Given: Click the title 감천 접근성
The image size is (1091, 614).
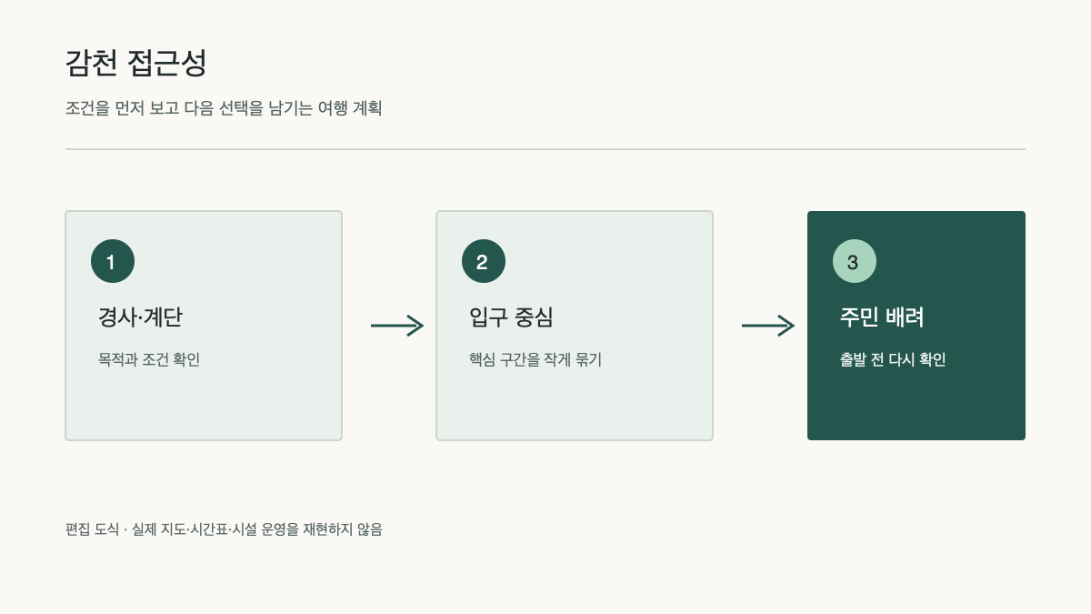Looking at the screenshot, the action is point(135,63).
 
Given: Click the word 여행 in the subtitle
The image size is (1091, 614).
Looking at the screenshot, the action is point(333,107).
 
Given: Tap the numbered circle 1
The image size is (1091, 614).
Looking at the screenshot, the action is point(113,261).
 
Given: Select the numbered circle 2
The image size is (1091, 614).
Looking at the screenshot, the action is point(484,261).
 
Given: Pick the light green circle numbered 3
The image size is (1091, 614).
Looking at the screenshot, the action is point(855,261).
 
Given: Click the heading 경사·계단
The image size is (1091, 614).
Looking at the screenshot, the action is point(140,317).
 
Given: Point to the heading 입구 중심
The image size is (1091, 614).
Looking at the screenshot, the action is point(511,317).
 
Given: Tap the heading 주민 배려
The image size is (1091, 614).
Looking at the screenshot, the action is point(882,317).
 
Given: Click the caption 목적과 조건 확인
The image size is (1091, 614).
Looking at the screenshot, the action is point(149,359).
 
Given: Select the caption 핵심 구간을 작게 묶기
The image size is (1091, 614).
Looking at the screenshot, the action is point(535,359).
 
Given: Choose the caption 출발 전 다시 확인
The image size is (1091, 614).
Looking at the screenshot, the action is point(893,359).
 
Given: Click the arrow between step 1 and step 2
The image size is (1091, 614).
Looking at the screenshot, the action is point(397,326).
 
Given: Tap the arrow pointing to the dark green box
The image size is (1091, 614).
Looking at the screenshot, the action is point(768,326).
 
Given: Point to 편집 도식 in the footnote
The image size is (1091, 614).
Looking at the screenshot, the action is point(92,529).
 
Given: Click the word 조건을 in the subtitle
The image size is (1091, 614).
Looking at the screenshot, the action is point(87,107).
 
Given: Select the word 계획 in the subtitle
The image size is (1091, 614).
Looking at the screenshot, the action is point(367,107).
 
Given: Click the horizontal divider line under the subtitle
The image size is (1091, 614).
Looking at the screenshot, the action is point(545,149).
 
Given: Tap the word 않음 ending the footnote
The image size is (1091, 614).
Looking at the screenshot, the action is point(370,529).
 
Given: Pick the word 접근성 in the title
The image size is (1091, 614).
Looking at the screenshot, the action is point(167,63).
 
